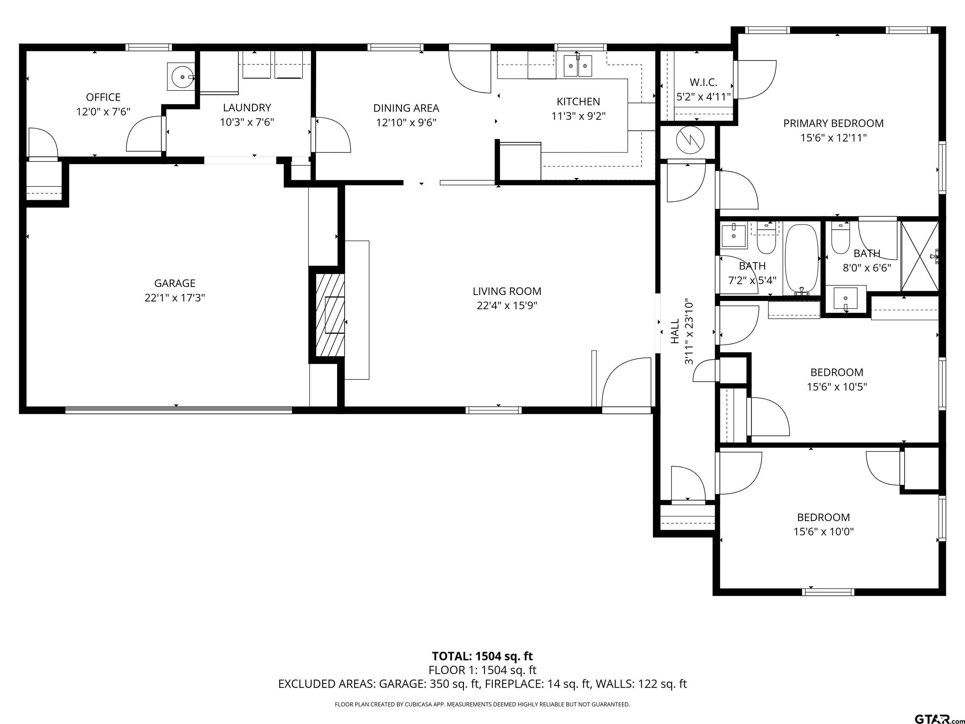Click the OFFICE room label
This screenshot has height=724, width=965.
click(x=103, y=97)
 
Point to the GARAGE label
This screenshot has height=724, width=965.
click(x=175, y=283)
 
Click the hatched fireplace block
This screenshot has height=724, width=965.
click(x=327, y=315)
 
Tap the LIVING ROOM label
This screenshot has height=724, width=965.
click(x=507, y=291)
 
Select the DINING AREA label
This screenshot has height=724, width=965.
click(x=406, y=108)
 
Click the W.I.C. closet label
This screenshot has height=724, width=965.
click(x=703, y=82)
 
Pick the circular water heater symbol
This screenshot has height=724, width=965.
click(x=690, y=140)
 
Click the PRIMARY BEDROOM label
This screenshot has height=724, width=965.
click(x=833, y=123)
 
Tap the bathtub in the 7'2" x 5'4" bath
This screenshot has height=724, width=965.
click(x=802, y=259)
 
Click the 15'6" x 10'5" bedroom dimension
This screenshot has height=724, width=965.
click(x=837, y=387)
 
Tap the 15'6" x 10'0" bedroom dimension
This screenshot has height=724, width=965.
click(x=824, y=532)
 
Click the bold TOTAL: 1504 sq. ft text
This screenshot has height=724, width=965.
click(x=482, y=656)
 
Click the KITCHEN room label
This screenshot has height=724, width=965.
click(x=579, y=102)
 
